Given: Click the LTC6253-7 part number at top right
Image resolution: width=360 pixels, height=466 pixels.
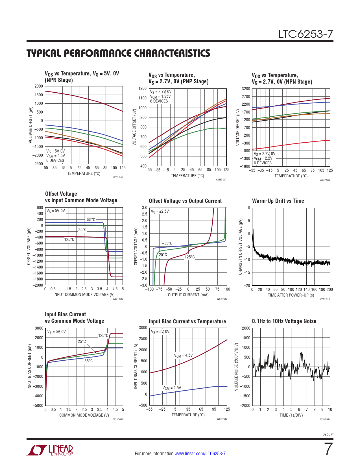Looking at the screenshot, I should [x=306, y=34].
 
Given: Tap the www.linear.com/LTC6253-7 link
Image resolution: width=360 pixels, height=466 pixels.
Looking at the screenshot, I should [x=200, y=454].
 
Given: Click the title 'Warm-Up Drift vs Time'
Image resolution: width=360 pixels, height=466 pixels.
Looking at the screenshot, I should [x=278, y=201].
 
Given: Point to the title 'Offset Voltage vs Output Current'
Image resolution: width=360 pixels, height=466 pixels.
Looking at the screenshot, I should [x=185, y=201].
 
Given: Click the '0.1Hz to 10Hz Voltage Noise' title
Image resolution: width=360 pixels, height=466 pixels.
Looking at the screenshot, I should [x=284, y=321].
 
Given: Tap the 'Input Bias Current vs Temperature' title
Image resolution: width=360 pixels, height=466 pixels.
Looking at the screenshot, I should [x=187, y=321].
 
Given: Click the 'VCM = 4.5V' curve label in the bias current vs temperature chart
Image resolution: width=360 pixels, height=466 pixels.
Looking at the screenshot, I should [x=183, y=355].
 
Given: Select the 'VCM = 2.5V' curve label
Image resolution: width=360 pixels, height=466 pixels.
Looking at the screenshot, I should [x=172, y=388].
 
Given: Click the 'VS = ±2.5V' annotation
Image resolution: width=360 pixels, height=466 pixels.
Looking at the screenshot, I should [x=160, y=211].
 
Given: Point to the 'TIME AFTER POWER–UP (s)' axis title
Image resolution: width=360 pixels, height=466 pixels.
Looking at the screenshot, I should [x=291, y=295].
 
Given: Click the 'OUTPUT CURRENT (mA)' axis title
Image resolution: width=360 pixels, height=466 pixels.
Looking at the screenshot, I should [x=188, y=295].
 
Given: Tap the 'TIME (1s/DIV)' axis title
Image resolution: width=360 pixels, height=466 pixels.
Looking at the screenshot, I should [x=291, y=415].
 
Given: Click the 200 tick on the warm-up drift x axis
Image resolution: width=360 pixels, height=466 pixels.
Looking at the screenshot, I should [x=330, y=289].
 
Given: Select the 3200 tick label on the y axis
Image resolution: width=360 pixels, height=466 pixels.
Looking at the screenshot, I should [x=246, y=89].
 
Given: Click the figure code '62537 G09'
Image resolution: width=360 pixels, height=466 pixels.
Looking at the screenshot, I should [x=118, y=299].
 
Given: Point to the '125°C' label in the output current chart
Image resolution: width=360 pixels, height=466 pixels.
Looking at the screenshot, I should [x=190, y=257].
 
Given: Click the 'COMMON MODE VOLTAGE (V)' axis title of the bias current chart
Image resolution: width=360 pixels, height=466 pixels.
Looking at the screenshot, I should [x=84, y=415].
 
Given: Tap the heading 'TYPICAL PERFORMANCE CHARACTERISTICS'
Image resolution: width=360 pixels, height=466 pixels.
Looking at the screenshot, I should [x=118, y=53].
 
